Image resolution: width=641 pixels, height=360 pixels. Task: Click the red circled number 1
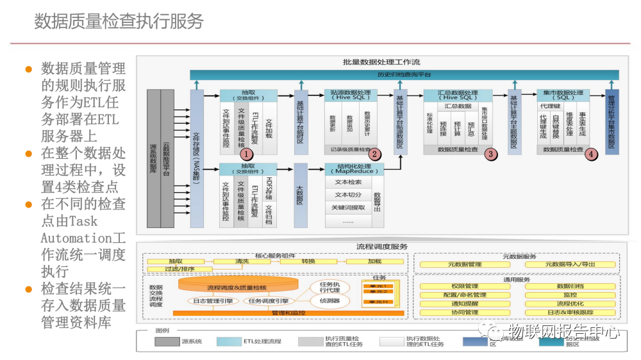coord(246,154)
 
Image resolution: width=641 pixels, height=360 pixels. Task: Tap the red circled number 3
coord(490,154)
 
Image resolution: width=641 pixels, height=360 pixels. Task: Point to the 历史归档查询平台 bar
coord(404,75)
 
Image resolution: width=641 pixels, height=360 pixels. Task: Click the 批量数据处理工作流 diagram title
coord(381,62)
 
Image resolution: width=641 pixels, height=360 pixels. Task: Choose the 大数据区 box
coord(301,195)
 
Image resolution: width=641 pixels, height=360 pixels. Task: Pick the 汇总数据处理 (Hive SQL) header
coord(458,95)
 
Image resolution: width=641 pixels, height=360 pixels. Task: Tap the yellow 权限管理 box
coord(465,286)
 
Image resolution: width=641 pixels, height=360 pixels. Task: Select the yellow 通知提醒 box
coord(465,304)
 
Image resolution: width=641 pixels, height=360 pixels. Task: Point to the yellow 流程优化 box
coord(570,304)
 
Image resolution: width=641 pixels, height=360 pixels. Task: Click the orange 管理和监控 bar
coord(288,313)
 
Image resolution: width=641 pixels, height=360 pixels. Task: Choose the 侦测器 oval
coord(330,300)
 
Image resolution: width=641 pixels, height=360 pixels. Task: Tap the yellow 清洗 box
coord(242,261)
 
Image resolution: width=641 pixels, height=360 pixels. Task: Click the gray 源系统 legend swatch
coord(167,341)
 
